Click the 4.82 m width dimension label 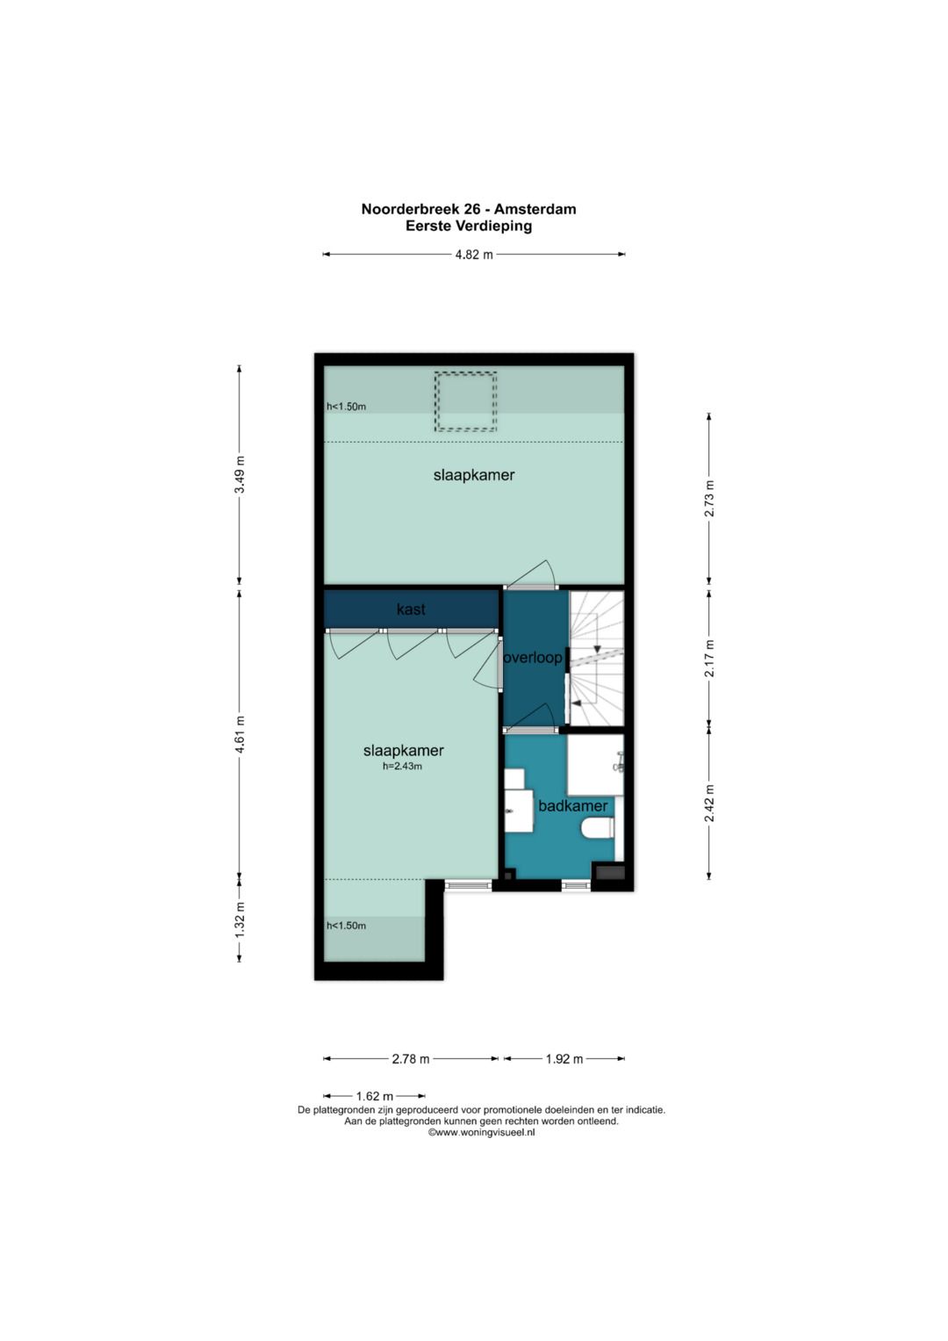click(x=474, y=255)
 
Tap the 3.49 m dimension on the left click(x=240, y=474)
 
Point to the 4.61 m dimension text click(x=240, y=734)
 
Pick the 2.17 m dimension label click(x=709, y=659)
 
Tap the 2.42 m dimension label click(x=709, y=804)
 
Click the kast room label click(x=411, y=609)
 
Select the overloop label click(x=533, y=658)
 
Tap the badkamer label click(x=572, y=806)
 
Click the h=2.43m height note click(x=402, y=767)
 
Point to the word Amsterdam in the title click(x=535, y=209)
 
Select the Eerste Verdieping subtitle click(x=469, y=226)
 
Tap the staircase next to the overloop click(x=596, y=658)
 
